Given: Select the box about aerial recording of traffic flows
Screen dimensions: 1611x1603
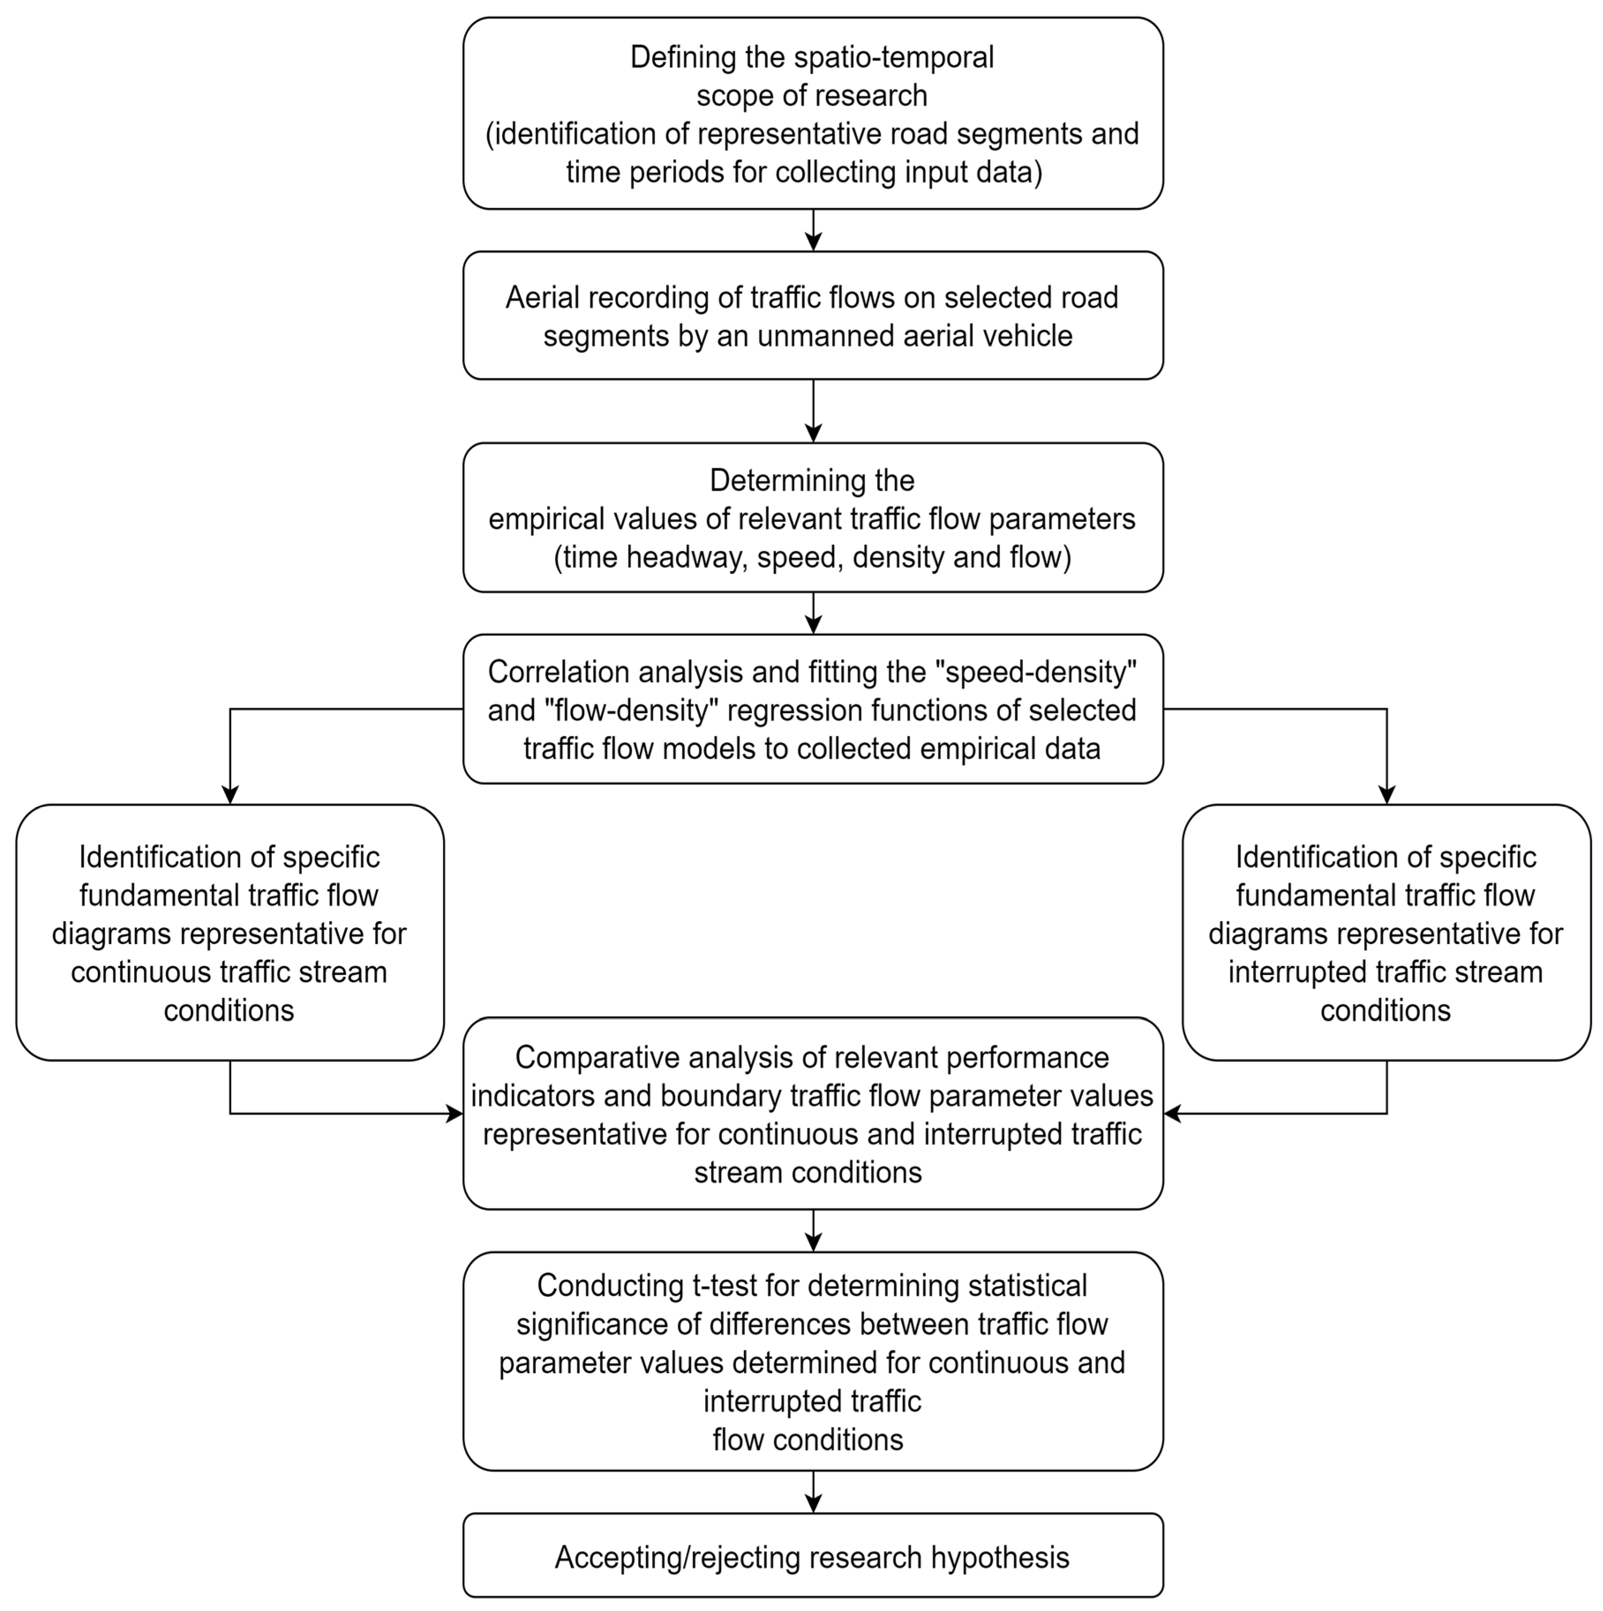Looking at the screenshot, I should tap(813, 316).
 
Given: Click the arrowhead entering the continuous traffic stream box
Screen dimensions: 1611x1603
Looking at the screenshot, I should tap(230, 794).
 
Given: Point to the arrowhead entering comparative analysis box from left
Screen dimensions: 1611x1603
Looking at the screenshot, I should tap(455, 1113).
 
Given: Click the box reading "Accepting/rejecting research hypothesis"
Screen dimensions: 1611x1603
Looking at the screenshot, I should tap(813, 1557).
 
